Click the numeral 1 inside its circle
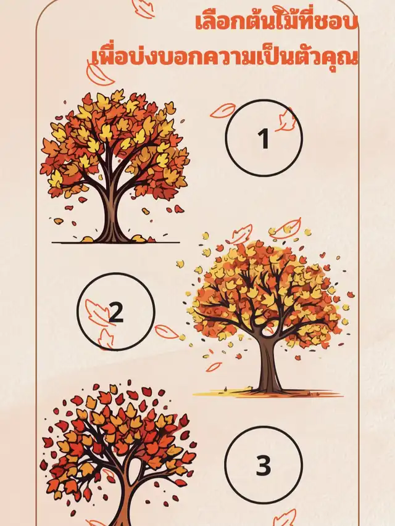click(264, 138)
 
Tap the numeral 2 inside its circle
click(116, 312)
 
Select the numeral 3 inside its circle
click(264, 465)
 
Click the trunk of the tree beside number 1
click(112, 215)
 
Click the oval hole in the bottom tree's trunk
click(135, 467)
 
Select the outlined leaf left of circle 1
click(223, 110)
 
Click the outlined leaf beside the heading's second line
click(99, 75)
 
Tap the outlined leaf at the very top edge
click(143, 8)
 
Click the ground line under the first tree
click(116, 242)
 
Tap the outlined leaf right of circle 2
click(167, 331)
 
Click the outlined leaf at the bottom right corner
click(286, 517)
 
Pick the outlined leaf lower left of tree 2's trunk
click(214, 367)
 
